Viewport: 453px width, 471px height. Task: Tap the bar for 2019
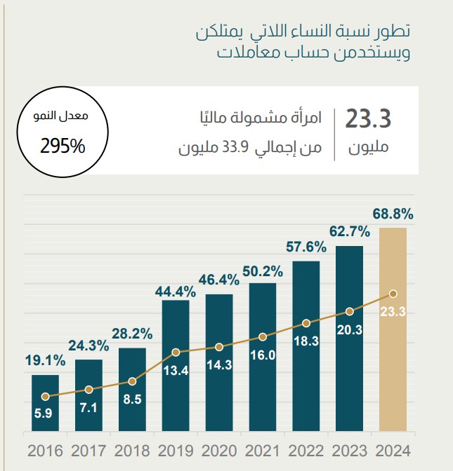coord(176,364)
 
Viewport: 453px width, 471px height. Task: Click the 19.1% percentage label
coord(45,361)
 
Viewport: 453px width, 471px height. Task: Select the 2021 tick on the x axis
coord(263,450)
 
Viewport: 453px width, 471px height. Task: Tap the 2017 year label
coord(88,450)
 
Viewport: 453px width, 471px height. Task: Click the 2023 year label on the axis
coord(349,450)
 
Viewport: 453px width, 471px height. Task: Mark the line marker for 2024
coord(393,294)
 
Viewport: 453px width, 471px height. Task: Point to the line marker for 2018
coord(132,381)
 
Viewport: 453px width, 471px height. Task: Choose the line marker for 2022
coord(306,323)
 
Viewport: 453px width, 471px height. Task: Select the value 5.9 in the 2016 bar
coord(45,414)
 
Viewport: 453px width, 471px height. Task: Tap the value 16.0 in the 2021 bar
coord(263,355)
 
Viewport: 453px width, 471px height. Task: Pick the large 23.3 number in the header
coord(367,119)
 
